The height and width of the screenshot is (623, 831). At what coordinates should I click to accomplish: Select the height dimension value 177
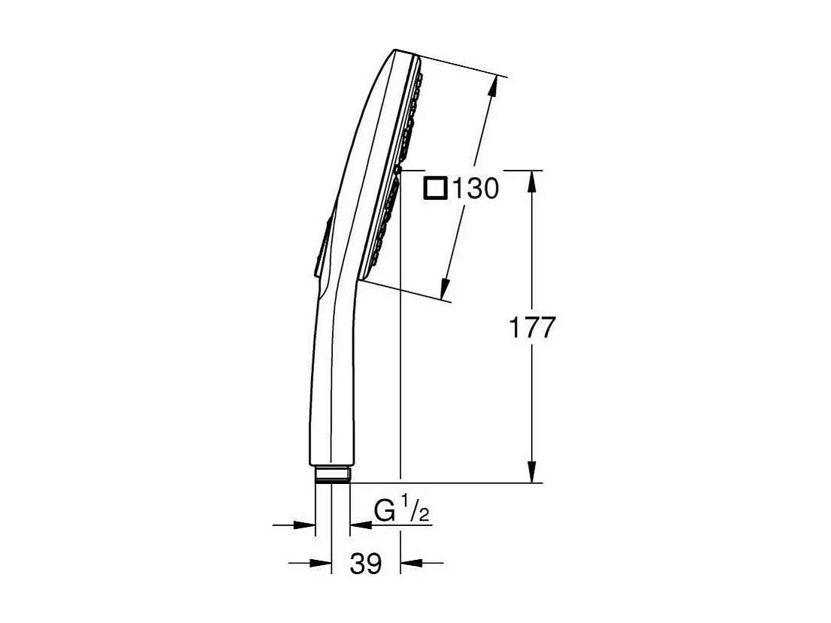(x=532, y=328)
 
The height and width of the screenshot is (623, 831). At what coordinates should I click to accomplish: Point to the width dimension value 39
(x=366, y=563)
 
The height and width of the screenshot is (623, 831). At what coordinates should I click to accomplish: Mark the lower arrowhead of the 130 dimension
(x=446, y=289)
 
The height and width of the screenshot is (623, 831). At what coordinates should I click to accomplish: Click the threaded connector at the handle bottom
(x=332, y=474)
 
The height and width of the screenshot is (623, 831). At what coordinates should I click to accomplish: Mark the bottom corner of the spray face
(x=364, y=278)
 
